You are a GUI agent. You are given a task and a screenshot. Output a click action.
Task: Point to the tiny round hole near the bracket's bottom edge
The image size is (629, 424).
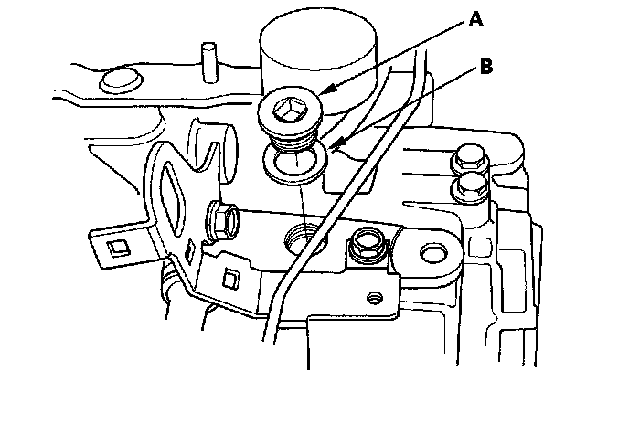(372, 298)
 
